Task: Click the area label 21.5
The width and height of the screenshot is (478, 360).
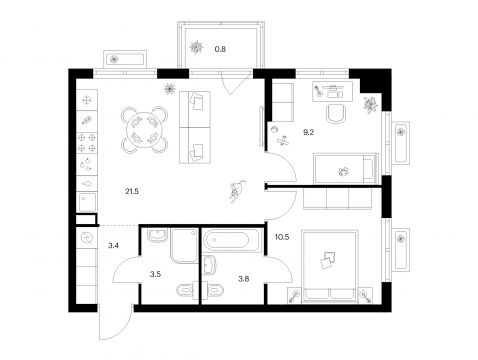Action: (132, 191)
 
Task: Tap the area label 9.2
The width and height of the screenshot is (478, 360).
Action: (308, 132)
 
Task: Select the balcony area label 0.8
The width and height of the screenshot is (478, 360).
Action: (220, 49)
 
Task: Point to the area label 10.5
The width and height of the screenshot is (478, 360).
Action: (282, 237)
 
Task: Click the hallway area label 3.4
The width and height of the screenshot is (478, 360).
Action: (113, 246)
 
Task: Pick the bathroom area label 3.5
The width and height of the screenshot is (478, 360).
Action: (155, 274)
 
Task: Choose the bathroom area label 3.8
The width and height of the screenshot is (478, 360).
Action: (244, 278)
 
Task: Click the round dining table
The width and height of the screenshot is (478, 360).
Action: (144, 129)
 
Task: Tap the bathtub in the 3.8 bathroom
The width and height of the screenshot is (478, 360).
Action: (230, 239)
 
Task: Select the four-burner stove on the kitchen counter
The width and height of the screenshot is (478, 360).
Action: (87, 142)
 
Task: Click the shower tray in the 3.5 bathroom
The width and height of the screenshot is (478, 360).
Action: (184, 245)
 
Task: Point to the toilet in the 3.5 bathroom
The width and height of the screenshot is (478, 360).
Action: (186, 289)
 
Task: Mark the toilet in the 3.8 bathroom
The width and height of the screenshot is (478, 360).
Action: (213, 289)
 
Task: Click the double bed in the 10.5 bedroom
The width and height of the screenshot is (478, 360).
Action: (329, 267)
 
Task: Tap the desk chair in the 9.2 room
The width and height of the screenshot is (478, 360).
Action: (336, 114)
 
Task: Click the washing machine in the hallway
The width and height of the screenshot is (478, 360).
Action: (87, 238)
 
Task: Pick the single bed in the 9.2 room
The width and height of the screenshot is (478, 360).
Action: (346, 168)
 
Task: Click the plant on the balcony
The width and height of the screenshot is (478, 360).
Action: (196, 47)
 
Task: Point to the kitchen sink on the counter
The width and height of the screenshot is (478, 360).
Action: (87, 202)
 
